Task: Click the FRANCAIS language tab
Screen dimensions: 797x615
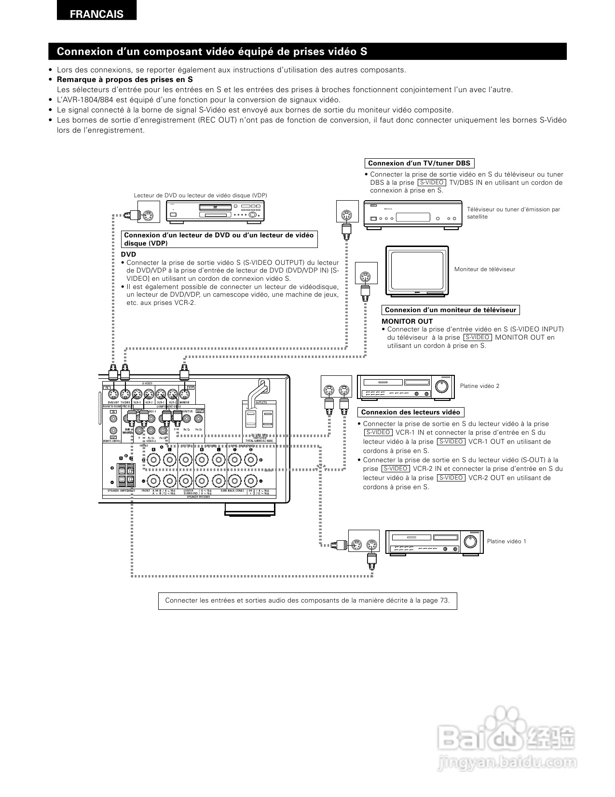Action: click(x=96, y=14)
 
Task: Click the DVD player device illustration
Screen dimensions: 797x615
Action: click(x=215, y=211)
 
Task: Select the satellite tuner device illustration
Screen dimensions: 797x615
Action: click(x=412, y=213)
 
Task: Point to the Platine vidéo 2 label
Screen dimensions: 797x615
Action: click(x=479, y=386)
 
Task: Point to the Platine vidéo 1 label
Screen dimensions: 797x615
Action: click(x=506, y=541)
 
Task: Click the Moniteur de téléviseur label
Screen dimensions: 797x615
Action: click(x=484, y=269)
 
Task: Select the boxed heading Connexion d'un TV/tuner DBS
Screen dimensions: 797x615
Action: click(x=419, y=164)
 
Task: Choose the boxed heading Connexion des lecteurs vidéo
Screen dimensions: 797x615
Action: click(x=410, y=412)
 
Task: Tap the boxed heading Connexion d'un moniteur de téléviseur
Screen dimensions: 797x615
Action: click(x=450, y=310)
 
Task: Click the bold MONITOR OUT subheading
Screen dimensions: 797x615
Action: click(x=407, y=321)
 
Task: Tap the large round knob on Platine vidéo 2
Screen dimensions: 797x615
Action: click(x=441, y=386)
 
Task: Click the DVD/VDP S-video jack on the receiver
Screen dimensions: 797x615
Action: click(x=113, y=393)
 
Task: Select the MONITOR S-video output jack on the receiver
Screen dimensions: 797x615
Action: click(x=185, y=393)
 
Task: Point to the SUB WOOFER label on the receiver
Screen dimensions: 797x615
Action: click(x=128, y=431)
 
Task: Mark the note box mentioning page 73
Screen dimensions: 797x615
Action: click(x=307, y=601)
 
